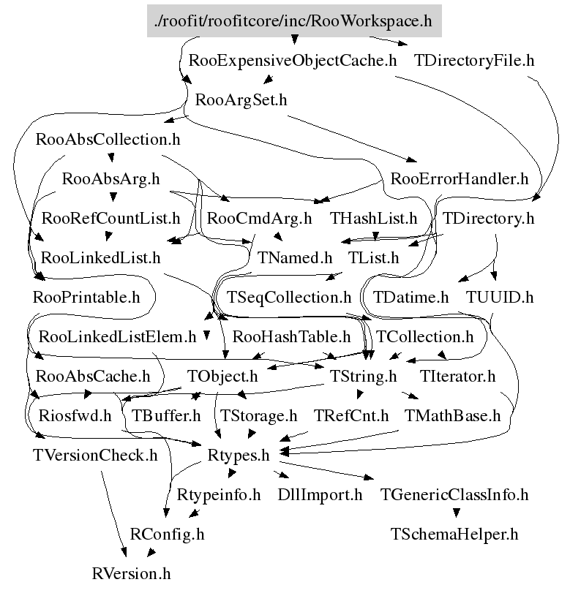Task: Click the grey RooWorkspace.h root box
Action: [x=294, y=21]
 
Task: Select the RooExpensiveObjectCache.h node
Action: [x=293, y=61]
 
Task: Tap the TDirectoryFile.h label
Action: [x=474, y=61]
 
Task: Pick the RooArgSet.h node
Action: [x=241, y=100]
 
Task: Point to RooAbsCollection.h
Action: [x=108, y=139]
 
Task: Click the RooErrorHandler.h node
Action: [x=460, y=178]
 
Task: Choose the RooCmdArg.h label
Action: [x=259, y=218]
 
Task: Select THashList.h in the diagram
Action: [x=373, y=218]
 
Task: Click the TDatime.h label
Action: [x=410, y=298]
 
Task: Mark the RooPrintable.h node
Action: [x=86, y=298]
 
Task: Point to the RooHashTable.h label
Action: [x=291, y=337]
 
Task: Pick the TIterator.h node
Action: [x=458, y=377]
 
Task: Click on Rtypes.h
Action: [x=239, y=456]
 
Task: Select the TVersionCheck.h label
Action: [x=95, y=456]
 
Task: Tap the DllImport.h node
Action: [x=320, y=495]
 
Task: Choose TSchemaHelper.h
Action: [x=454, y=535]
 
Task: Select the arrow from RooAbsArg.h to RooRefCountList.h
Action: [x=111, y=197]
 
